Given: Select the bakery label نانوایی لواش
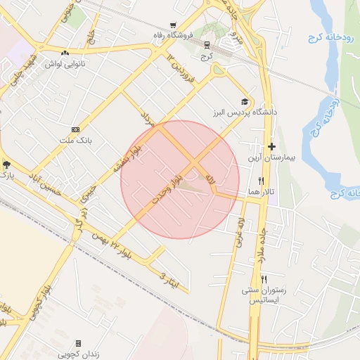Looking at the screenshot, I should (65, 63).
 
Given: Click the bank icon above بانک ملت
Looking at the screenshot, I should (75, 129).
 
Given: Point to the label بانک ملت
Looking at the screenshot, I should (75, 141).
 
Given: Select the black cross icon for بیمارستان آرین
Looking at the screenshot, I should (271, 147).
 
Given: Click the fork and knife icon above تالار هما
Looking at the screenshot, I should (261, 181).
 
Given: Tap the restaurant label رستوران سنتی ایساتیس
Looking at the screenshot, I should (264, 295).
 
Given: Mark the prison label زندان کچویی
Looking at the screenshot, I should (77, 354).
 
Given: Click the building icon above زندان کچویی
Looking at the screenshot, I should (78, 343).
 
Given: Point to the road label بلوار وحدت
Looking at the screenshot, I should (170, 184).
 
